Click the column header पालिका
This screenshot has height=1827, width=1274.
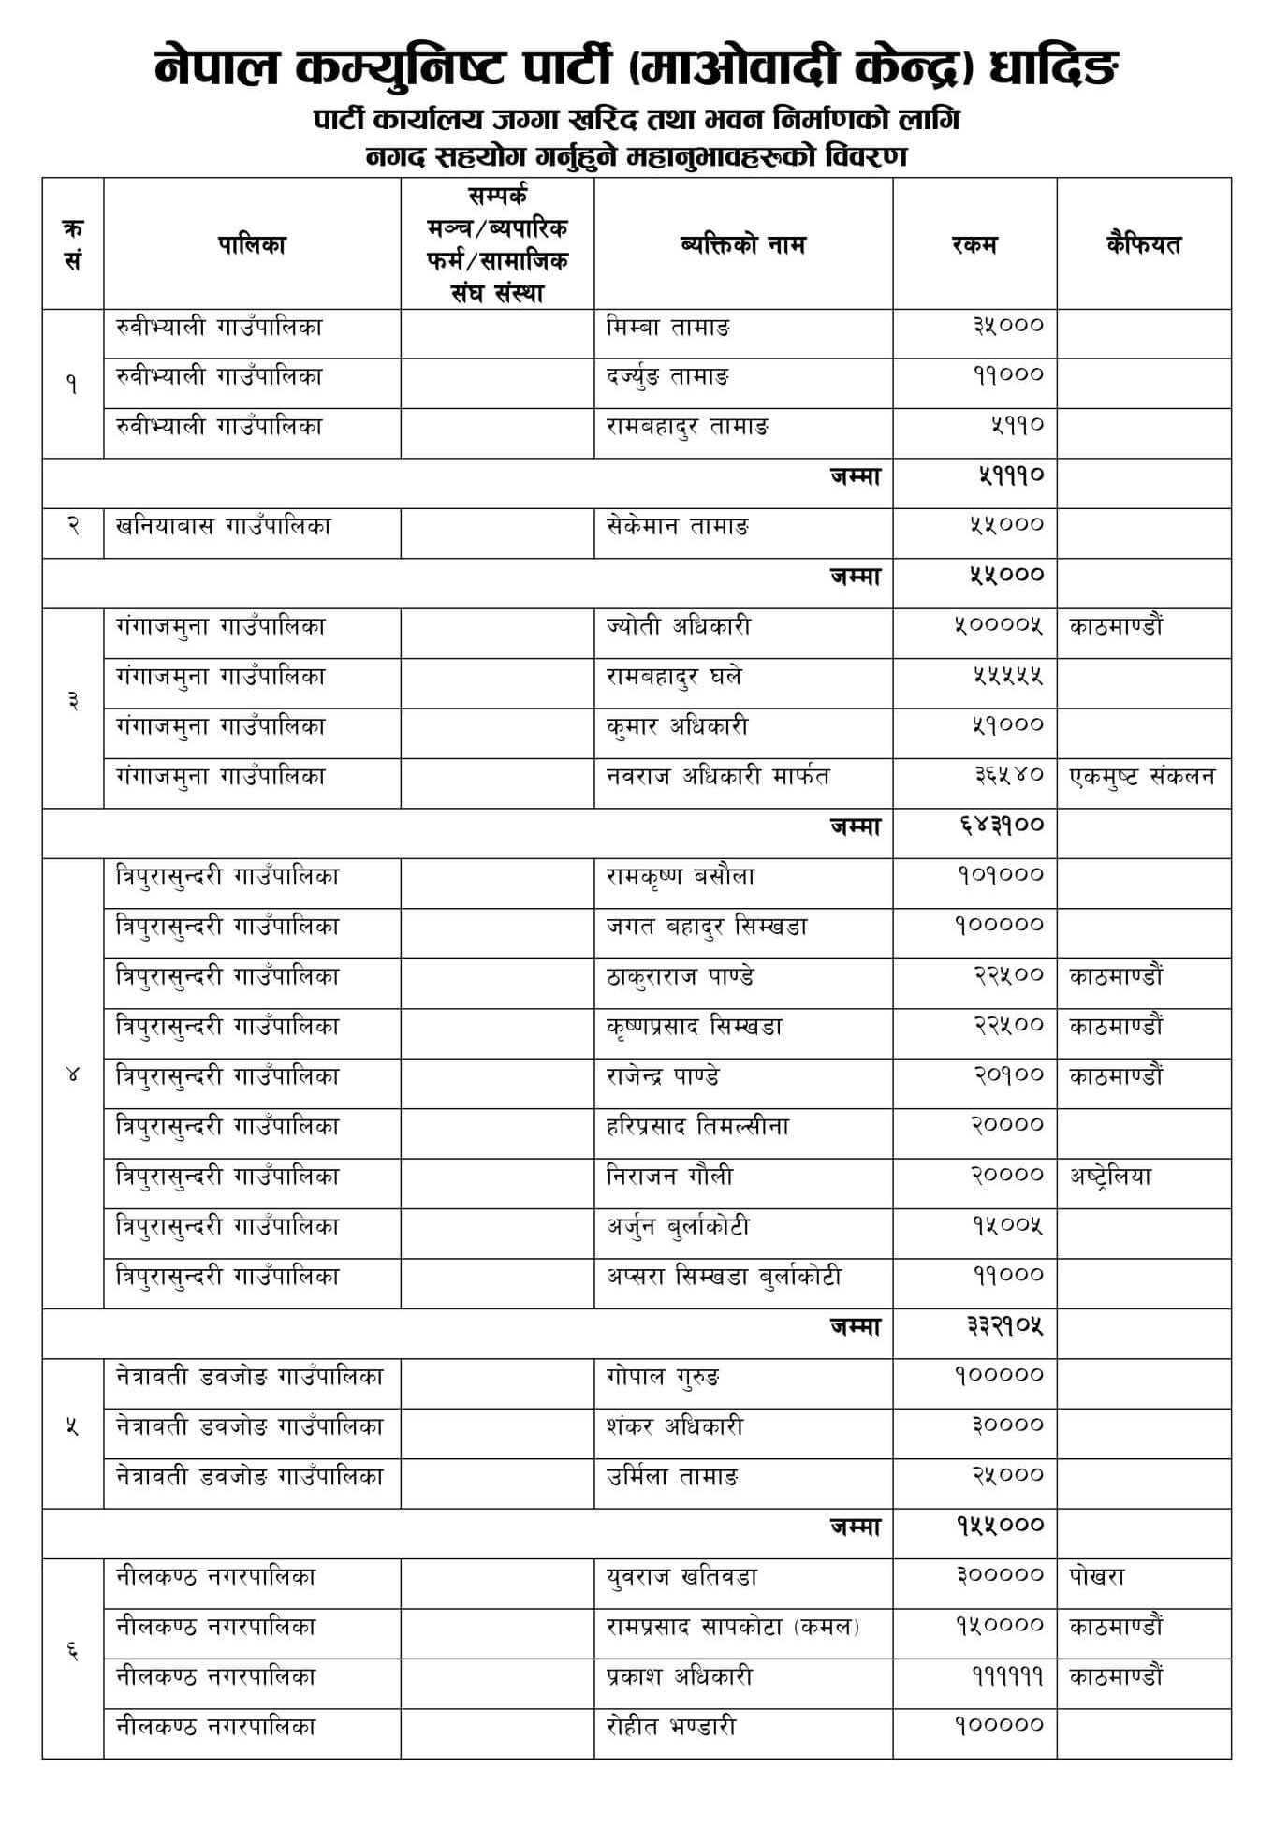[251, 245]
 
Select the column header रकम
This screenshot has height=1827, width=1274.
[974, 245]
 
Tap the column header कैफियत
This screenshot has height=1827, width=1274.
[1143, 245]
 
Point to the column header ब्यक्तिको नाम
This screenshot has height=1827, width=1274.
[742, 245]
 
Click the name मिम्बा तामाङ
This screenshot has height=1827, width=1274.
[667, 328]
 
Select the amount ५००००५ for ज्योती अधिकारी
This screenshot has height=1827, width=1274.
[998, 626]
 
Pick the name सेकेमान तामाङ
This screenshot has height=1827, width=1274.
[677, 526]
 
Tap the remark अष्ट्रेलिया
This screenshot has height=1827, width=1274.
[1110, 1177]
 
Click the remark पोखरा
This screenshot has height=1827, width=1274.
[1096, 1577]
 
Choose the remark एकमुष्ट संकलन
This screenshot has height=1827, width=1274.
[1142, 777]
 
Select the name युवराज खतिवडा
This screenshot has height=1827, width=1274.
[681, 1577]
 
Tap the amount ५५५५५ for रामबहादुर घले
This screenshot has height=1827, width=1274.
[1006, 676]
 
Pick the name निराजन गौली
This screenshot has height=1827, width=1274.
[669, 1177]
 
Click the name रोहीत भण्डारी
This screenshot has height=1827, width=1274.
[670, 1727]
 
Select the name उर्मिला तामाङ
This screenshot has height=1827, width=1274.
[672, 1477]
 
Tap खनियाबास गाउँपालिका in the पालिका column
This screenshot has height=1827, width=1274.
[223, 526]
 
